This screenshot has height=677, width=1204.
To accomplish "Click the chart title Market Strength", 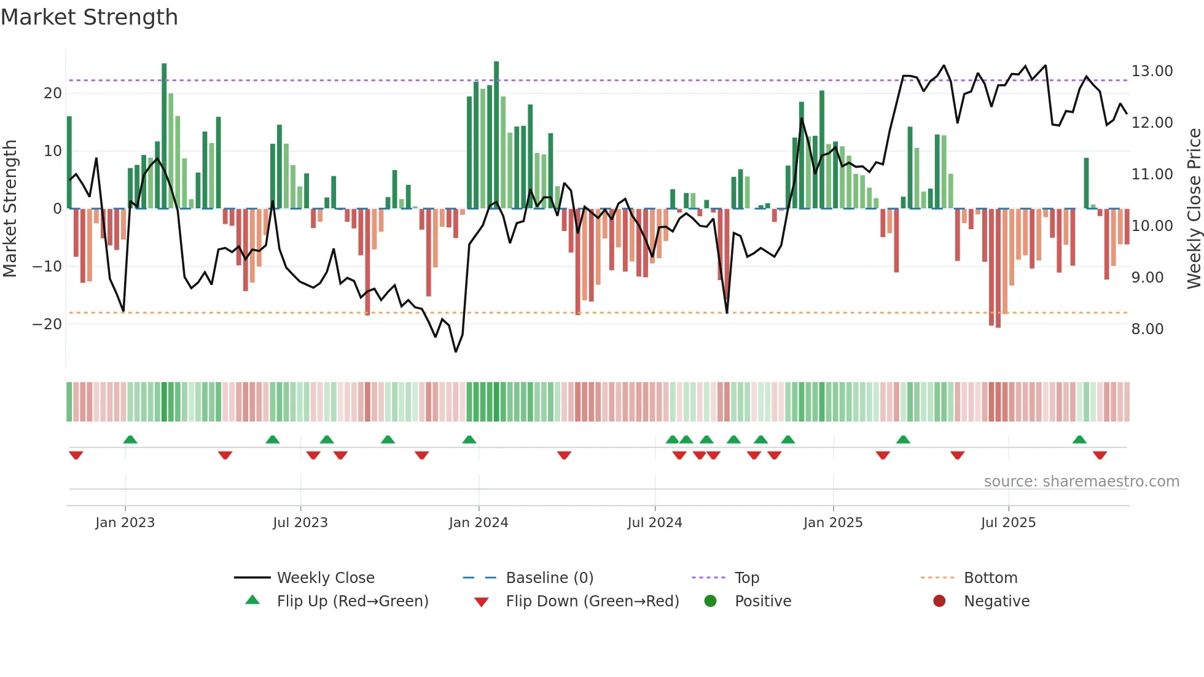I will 89,17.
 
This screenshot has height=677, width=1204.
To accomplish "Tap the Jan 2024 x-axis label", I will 479,523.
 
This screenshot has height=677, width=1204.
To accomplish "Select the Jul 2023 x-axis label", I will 300,523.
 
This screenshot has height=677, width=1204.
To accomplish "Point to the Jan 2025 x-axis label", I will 833,523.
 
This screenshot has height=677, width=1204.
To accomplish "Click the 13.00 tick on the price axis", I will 1152,71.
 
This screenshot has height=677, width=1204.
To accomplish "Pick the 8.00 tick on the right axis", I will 1147,329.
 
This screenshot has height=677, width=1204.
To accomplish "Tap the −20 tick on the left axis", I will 47,324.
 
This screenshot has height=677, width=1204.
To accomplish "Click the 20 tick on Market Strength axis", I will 53,93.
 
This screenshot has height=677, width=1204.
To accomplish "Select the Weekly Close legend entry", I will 325,578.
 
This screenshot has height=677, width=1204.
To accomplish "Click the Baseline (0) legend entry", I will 549,578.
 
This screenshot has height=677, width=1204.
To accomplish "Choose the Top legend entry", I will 746,578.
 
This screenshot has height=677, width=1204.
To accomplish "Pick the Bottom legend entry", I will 990,578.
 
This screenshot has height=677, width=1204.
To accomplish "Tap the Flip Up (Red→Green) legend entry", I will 352,601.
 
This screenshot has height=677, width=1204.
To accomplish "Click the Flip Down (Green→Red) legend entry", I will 592,601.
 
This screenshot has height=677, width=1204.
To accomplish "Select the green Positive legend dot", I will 711,601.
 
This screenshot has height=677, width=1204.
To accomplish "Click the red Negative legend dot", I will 939,601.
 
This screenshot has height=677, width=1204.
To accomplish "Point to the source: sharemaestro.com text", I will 1081,482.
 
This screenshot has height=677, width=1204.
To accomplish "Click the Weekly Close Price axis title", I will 1194,209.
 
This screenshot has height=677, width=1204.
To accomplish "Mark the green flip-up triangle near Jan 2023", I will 130,439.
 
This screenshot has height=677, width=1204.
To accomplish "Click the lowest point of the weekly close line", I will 456,351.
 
